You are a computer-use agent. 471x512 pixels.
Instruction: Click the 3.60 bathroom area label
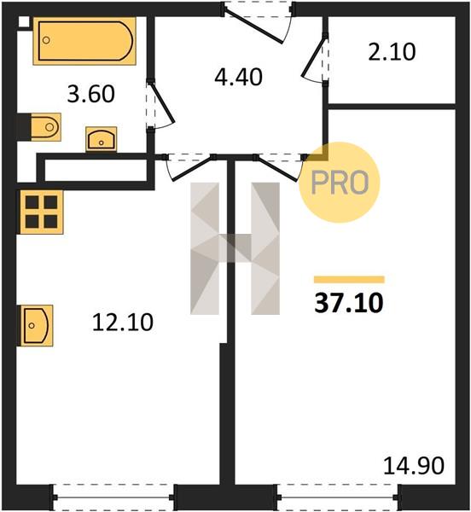coord(91,94)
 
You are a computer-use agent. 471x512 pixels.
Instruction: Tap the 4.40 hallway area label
coord(239,78)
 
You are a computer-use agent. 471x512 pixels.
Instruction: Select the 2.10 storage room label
coord(392,52)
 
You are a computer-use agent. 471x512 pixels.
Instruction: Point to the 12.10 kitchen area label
coord(123,323)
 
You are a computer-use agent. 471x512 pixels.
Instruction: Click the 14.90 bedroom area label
coord(414,466)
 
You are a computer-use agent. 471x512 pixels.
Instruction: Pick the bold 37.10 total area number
coord(349,303)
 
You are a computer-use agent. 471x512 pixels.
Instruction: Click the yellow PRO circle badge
coord(340,183)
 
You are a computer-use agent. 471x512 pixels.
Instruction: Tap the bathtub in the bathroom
coord(84,41)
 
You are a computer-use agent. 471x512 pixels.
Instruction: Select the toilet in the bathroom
coord(46,127)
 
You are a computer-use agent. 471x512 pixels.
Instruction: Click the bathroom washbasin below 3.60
coord(102,139)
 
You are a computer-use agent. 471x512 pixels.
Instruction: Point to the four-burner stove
coord(42,212)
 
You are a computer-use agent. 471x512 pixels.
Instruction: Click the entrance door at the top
coord(258,22)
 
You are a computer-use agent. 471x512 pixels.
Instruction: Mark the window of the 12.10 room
coord(113,497)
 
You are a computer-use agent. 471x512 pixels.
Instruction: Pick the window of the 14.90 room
coord(339,497)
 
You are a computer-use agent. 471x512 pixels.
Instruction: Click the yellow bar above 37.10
coord(349,280)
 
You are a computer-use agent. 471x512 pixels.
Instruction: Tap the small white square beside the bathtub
coord(24,21)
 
